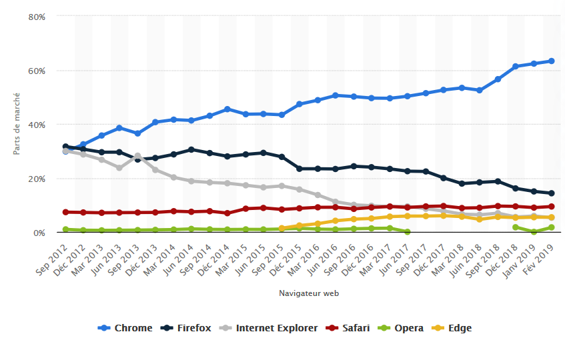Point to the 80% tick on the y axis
click(x=37, y=16)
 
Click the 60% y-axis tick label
click(x=37, y=71)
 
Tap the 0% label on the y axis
click(x=39, y=233)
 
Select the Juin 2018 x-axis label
click(x=466, y=257)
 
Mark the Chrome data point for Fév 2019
click(x=551, y=61)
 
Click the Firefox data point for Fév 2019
click(x=551, y=193)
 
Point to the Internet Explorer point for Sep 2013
click(x=137, y=156)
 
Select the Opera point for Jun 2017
click(x=407, y=232)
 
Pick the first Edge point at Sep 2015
click(x=281, y=228)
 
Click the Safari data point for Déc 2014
click(x=227, y=213)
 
